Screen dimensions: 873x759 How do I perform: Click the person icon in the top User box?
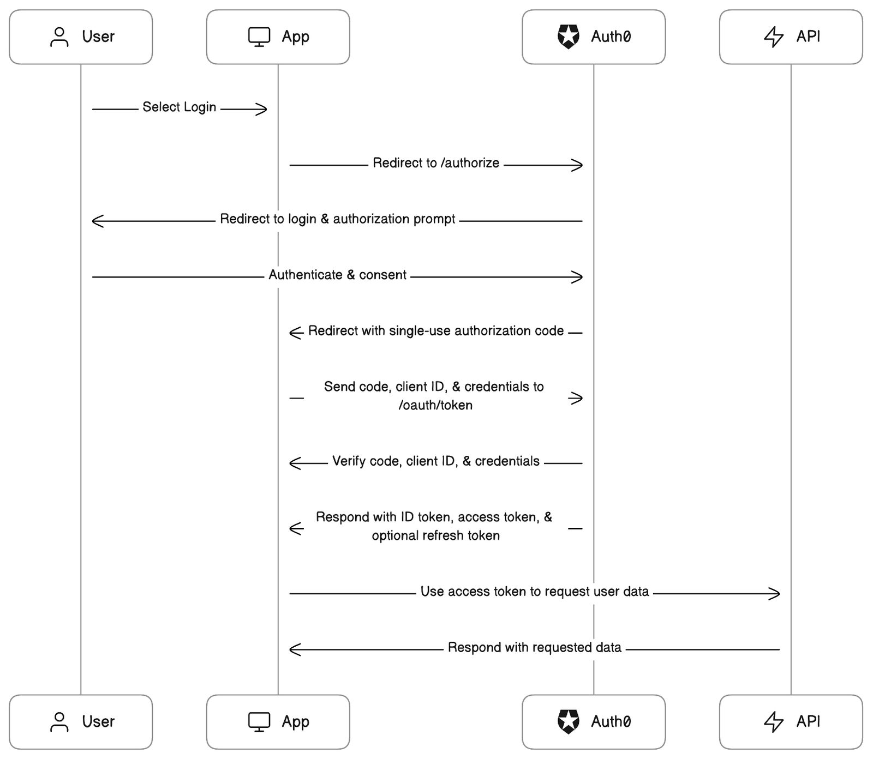[59, 37]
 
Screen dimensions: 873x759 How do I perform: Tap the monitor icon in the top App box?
[259, 37]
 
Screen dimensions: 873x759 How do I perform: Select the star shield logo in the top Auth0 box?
[568, 37]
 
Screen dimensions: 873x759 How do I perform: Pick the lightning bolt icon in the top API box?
[773, 37]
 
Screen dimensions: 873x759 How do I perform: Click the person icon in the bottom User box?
[59, 722]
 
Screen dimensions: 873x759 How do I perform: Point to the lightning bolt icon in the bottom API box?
[773, 722]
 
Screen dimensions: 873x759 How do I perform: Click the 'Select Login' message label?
[180, 107]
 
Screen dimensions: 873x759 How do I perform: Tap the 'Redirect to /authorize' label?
[436, 163]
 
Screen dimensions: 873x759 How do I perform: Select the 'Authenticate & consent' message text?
[337, 275]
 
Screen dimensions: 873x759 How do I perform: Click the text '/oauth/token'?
[435, 405]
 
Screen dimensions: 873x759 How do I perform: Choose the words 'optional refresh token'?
[435, 535]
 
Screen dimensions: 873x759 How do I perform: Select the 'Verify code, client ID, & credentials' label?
[436, 461]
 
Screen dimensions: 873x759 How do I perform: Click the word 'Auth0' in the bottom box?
[611, 722]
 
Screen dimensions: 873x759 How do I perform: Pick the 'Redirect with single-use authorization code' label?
[436, 331]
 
